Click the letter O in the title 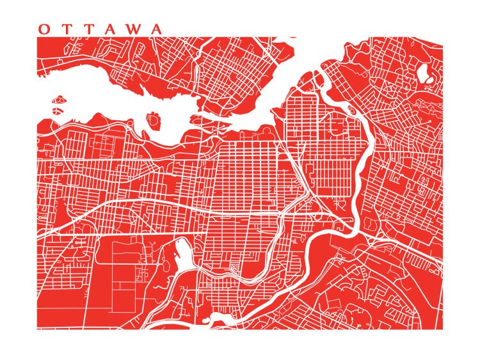[x=44, y=29]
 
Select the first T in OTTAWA [x=66, y=29]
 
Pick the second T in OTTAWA [x=88, y=29]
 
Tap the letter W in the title [x=133, y=29]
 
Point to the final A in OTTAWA [x=156, y=29]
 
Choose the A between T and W [x=110, y=29]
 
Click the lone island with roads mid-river [x=154, y=120]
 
